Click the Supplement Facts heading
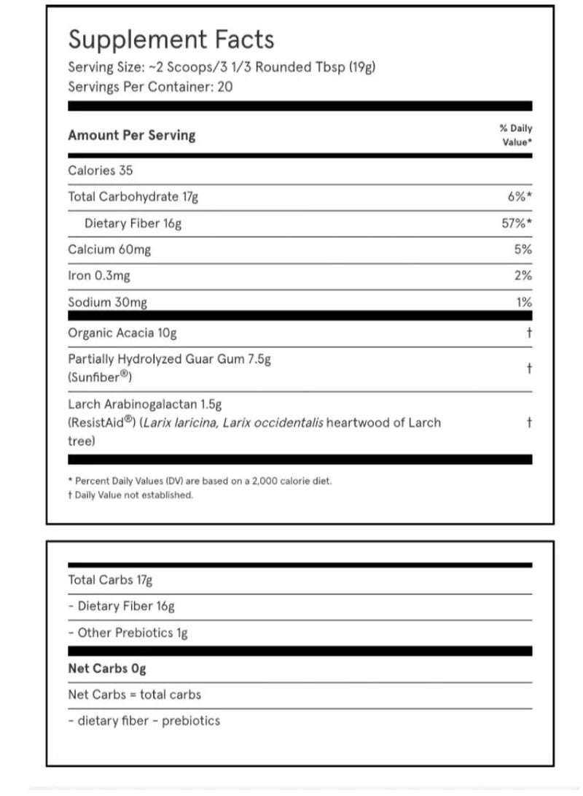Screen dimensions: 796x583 coord(171,40)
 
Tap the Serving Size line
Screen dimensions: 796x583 coord(222,67)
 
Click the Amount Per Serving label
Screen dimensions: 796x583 coord(131,135)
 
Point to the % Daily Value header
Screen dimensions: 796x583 coord(516,135)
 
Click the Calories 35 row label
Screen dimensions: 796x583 coord(101,170)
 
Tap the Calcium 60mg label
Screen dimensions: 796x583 coord(109,250)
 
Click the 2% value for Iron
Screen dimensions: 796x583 coord(523,276)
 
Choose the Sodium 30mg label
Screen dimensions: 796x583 coord(109,302)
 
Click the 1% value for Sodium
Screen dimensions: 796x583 coord(523,302)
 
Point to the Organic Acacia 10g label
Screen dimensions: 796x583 coord(122,333)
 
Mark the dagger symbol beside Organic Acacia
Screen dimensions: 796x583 coord(528,333)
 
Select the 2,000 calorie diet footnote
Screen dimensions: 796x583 coord(200,481)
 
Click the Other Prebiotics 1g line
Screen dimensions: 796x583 coord(128,633)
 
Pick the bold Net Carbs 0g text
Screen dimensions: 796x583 coord(107,668)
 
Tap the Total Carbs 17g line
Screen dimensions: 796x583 coord(110,580)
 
